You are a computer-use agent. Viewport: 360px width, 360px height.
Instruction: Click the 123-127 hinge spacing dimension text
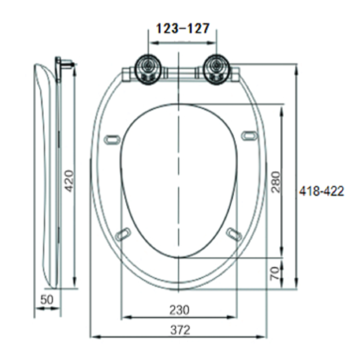tap(182, 29)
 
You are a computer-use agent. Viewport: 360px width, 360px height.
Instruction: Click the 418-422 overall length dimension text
tap(321, 191)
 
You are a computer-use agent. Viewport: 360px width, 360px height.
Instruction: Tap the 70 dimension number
tap(275, 274)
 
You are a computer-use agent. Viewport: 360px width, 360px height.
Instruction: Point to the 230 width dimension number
tap(179, 310)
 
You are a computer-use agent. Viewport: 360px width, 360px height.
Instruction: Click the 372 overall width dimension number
tap(179, 330)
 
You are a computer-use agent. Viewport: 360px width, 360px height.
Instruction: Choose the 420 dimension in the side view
tap(69, 180)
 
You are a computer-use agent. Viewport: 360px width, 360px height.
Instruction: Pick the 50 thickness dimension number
tap(47, 300)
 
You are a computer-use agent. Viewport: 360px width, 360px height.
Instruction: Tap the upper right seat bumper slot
tap(249, 136)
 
